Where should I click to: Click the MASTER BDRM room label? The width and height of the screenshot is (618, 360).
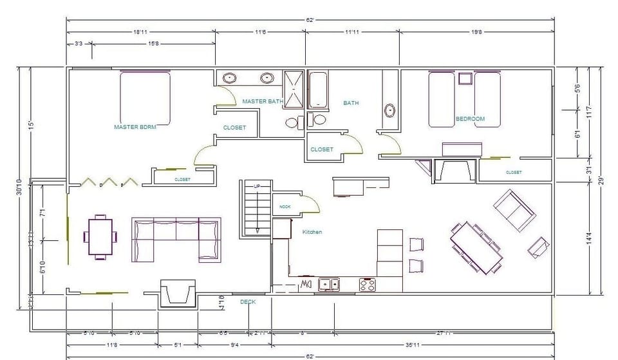tap(135, 128)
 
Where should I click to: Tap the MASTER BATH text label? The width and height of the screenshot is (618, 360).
tap(263, 101)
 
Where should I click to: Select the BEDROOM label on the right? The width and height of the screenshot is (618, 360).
tap(470, 118)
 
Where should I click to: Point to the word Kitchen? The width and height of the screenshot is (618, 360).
tap(312, 232)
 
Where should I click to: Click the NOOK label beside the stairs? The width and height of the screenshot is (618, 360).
tap(285, 207)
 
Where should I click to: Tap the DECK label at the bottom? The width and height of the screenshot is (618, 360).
tap(248, 301)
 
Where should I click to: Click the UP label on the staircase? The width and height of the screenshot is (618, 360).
tap(257, 186)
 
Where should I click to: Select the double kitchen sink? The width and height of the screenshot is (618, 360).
tap(328, 283)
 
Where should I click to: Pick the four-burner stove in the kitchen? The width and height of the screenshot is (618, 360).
tap(367, 284)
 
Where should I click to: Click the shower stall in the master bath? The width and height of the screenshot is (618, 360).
tap(294, 89)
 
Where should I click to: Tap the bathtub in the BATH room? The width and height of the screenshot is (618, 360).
tap(319, 90)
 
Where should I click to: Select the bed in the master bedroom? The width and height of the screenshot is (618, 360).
tap(145, 99)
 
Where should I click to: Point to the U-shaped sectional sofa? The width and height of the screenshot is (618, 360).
tap(176, 240)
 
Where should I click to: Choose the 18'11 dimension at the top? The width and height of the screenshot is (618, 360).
tap(142, 31)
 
